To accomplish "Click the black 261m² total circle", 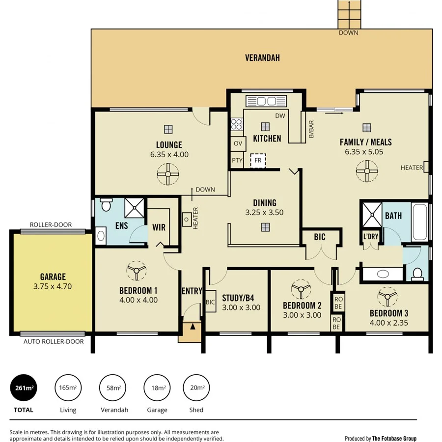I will click(x=24, y=388).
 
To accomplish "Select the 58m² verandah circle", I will click(x=113, y=388).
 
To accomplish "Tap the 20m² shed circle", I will click(x=197, y=388).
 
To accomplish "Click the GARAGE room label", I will click(x=53, y=277).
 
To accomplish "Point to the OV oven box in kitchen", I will click(x=238, y=144).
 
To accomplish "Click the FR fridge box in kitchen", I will click(x=258, y=161).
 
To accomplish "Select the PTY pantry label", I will click(x=238, y=161).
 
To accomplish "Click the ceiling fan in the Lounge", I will click(x=168, y=173).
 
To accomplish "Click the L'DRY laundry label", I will click(x=371, y=237).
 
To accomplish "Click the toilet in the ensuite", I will click(x=106, y=203).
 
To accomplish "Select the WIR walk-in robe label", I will click(x=159, y=227).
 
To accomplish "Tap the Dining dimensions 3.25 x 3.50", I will click(x=265, y=213).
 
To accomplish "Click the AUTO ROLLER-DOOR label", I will click(x=54, y=341).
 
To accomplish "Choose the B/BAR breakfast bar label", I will click(x=311, y=130).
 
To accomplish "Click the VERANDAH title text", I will click(x=262, y=58).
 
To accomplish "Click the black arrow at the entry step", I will click(x=193, y=325).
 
